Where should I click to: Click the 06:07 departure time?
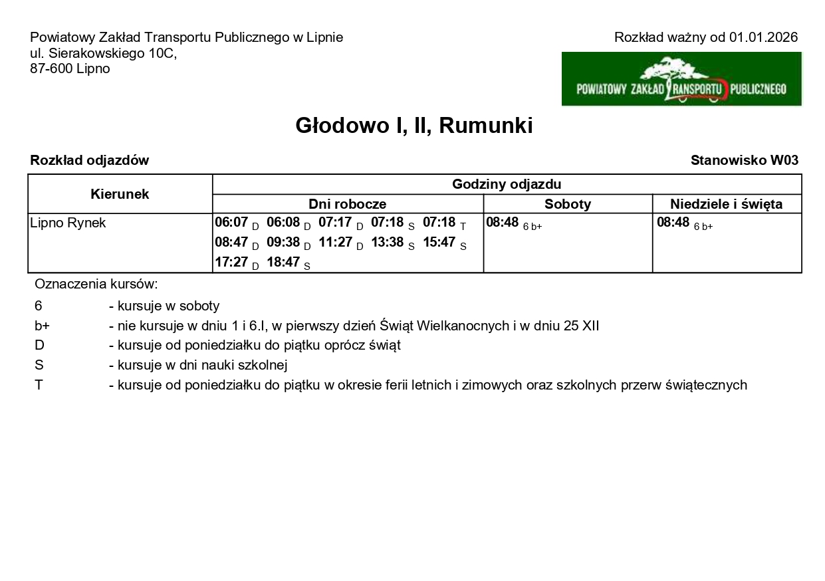(231, 223)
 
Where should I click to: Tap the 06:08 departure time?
(283, 223)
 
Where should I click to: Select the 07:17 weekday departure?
(335, 223)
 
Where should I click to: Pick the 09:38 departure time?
(283, 243)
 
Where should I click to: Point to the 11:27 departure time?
(335, 243)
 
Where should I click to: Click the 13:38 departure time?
(387, 243)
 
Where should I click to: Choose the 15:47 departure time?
(439, 243)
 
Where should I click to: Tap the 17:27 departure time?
(231, 263)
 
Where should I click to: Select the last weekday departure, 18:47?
(283, 263)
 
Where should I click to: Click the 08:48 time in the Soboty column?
(502, 223)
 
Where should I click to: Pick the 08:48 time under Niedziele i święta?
(673, 223)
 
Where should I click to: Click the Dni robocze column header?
(347, 204)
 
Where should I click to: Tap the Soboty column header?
(568, 204)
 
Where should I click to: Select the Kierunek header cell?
(120, 194)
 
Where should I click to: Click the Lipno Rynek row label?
(68, 223)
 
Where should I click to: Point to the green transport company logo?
(681, 79)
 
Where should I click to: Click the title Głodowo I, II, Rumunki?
(413, 126)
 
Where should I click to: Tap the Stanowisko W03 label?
(744, 160)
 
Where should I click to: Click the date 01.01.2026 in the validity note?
(763, 37)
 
